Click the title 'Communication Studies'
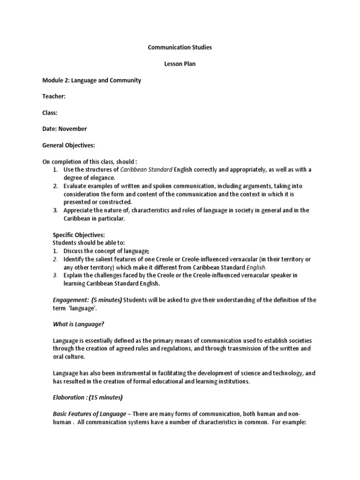coord(180,47)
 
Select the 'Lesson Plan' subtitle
coord(180,64)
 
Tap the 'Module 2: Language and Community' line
coord(91,80)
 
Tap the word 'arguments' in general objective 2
coord(257,186)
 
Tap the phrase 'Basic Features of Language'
coord(89,413)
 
